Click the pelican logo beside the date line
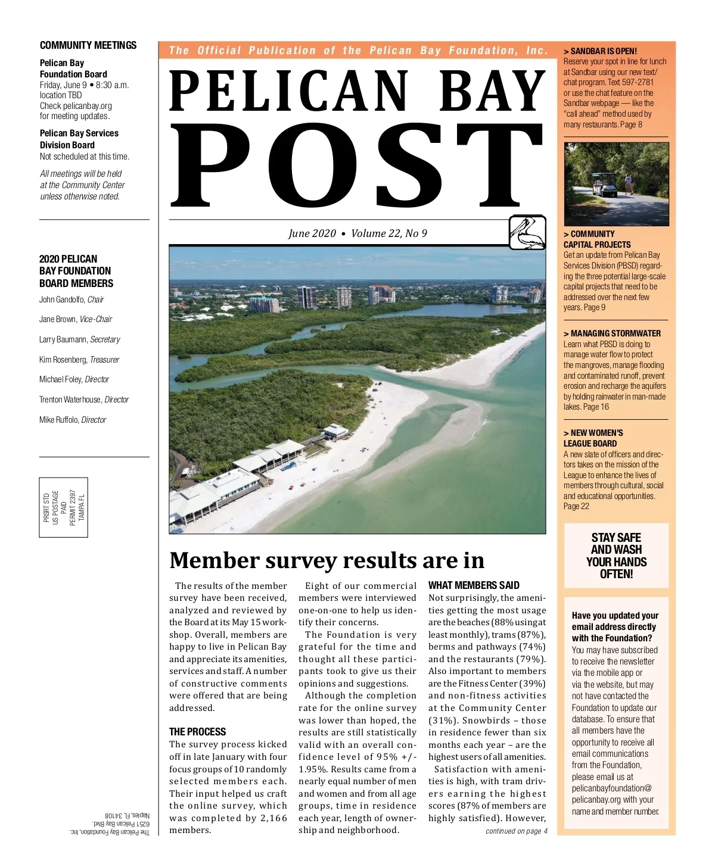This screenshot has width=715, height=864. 527,232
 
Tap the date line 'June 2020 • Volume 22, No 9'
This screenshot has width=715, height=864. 357,233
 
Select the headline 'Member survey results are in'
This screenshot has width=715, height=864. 327,560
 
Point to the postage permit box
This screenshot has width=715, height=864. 64,507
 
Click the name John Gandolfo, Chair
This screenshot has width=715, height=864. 71,300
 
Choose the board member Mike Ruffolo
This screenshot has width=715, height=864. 73,420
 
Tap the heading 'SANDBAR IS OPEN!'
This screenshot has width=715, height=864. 603,51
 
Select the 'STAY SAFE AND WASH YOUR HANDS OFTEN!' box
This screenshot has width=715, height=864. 616,556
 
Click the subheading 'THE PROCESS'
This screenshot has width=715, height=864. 197,732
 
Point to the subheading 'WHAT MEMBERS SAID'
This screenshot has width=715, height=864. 474,585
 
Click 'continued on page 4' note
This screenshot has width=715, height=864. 516,831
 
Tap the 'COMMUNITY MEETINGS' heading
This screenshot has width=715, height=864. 88,45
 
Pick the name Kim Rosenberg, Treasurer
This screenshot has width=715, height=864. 79,360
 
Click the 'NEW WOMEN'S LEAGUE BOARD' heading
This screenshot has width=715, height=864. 593,438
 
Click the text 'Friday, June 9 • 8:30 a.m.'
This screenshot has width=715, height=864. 84,85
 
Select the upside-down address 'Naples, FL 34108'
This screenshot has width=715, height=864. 128,815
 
